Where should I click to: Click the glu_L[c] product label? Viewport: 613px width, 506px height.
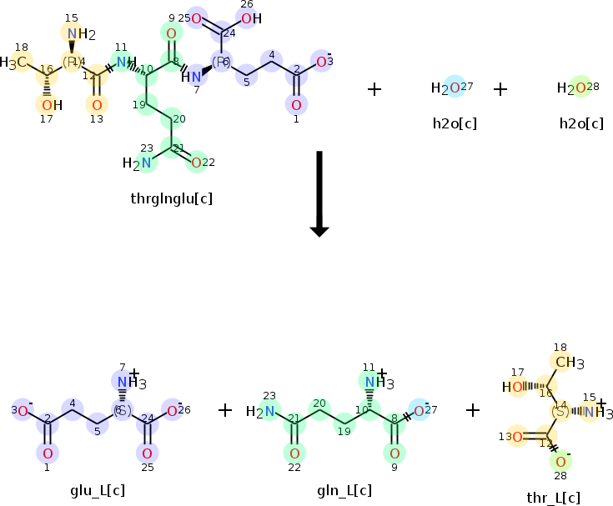pyautogui.click(x=98, y=490)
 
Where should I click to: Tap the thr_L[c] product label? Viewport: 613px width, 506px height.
pyautogui.click(x=553, y=498)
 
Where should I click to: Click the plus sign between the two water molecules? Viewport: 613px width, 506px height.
pyautogui.click(x=500, y=88)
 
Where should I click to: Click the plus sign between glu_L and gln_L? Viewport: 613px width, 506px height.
pyautogui.click(x=225, y=409)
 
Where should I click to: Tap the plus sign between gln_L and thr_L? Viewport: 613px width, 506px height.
pyautogui.click(x=473, y=409)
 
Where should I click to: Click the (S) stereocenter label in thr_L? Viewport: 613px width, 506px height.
pyautogui.click(x=560, y=411)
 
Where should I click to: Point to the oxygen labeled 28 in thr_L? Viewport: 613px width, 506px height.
pyautogui.click(x=561, y=461)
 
